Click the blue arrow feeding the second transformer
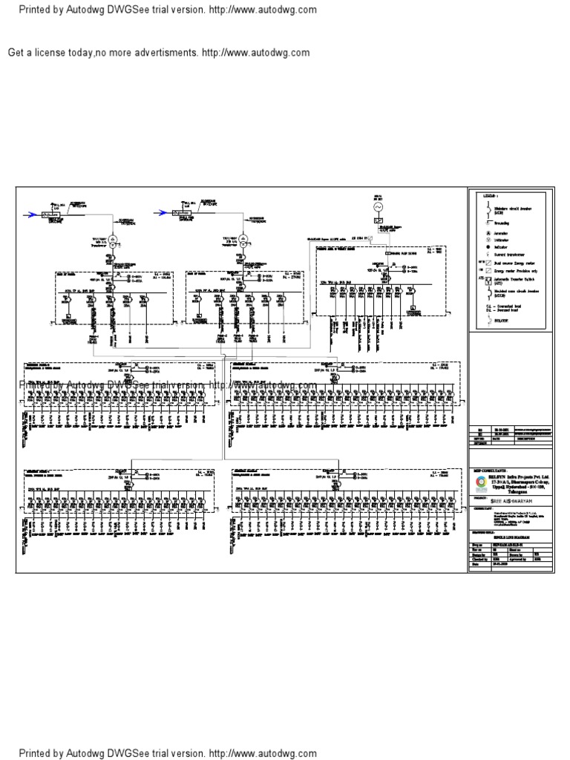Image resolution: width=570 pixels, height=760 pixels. click(x=163, y=213)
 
